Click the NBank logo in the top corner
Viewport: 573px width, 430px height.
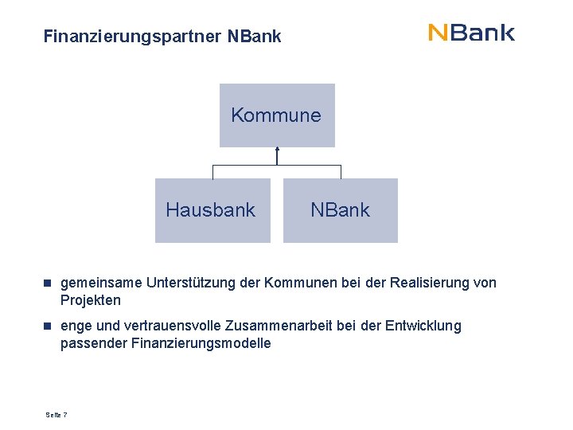click(x=471, y=33)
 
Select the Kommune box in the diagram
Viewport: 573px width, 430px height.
click(x=276, y=115)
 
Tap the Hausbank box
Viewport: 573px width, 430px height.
click(x=212, y=210)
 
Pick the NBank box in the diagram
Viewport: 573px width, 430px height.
click(x=340, y=210)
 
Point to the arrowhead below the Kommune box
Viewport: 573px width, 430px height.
click(x=277, y=150)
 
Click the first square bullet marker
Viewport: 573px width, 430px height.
click(x=48, y=283)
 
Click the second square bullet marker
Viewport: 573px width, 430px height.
click(x=48, y=326)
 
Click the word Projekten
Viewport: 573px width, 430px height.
click(x=91, y=300)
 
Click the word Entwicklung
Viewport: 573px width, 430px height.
click(x=423, y=326)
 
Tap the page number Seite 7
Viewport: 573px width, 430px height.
click(x=57, y=415)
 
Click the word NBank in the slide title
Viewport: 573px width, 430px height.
click(x=254, y=37)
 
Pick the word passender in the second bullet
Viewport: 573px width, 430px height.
click(x=92, y=343)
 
